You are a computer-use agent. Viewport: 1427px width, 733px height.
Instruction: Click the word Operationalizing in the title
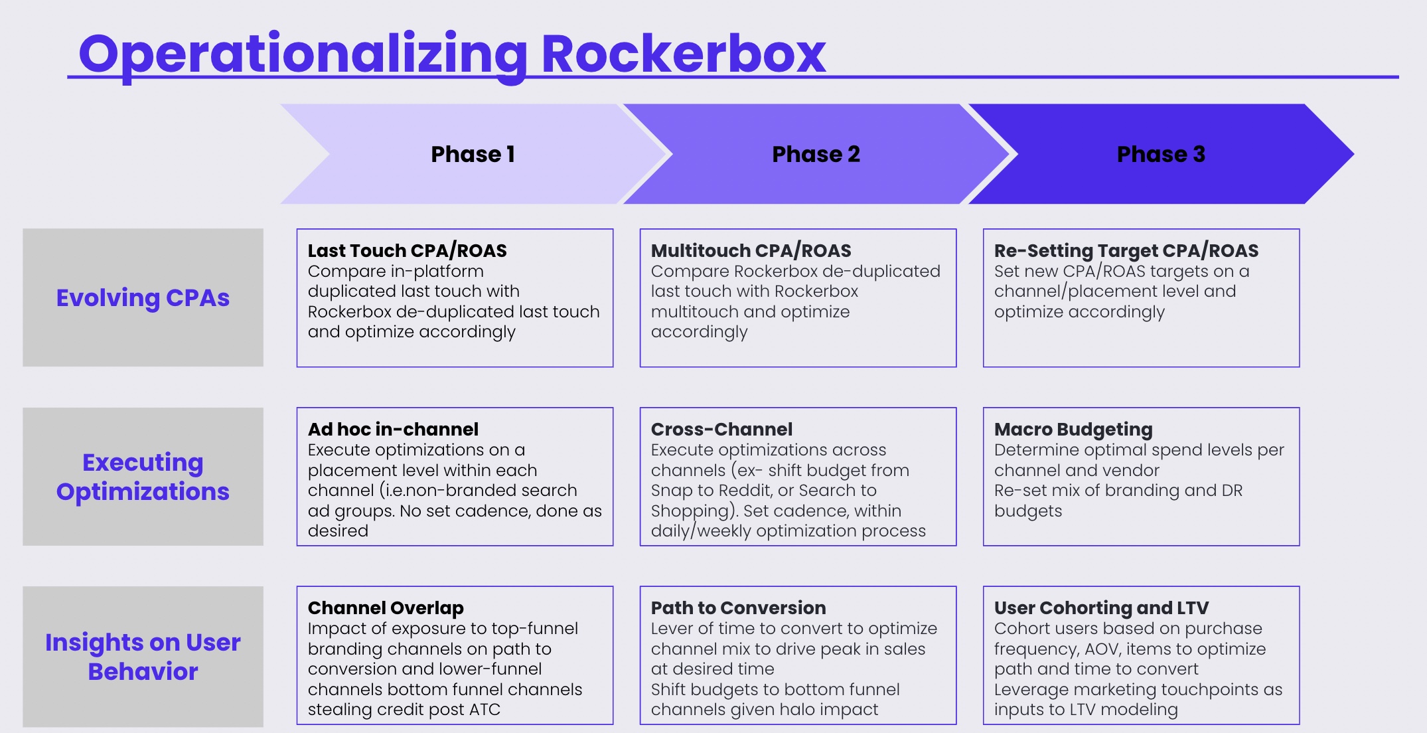tap(303, 57)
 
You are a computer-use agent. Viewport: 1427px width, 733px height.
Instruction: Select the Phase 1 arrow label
tap(473, 154)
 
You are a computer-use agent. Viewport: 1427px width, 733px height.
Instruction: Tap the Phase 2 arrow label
tap(816, 154)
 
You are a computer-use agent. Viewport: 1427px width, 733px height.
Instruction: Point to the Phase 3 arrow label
tap(1161, 154)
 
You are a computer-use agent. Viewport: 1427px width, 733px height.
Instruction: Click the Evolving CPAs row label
tap(143, 298)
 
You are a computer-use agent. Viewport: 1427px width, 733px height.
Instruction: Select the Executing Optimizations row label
tap(143, 477)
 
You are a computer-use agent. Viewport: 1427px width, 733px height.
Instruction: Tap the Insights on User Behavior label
tap(143, 657)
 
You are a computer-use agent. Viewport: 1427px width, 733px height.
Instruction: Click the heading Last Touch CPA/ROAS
tap(407, 250)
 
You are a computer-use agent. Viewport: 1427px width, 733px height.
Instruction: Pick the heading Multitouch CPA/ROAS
tap(751, 250)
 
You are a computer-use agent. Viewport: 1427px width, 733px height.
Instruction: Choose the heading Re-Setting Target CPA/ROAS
tap(1126, 250)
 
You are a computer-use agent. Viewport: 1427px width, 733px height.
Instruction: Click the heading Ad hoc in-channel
tap(393, 429)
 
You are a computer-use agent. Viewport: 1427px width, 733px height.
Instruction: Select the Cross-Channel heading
tap(721, 429)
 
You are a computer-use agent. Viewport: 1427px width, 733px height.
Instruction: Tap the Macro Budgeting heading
tap(1073, 430)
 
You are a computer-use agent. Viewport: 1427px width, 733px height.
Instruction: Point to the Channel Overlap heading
tap(386, 608)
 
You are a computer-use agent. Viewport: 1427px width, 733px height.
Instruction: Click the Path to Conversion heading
tap(738, 608)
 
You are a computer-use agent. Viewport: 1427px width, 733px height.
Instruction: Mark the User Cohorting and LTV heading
tap(1101, 608)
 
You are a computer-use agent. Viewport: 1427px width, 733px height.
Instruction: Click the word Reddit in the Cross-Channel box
tap(743, 490)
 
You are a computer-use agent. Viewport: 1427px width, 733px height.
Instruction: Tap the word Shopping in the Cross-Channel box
tap(692, 511)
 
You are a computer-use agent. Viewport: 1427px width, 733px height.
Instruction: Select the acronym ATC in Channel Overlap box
tap(485, 710)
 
